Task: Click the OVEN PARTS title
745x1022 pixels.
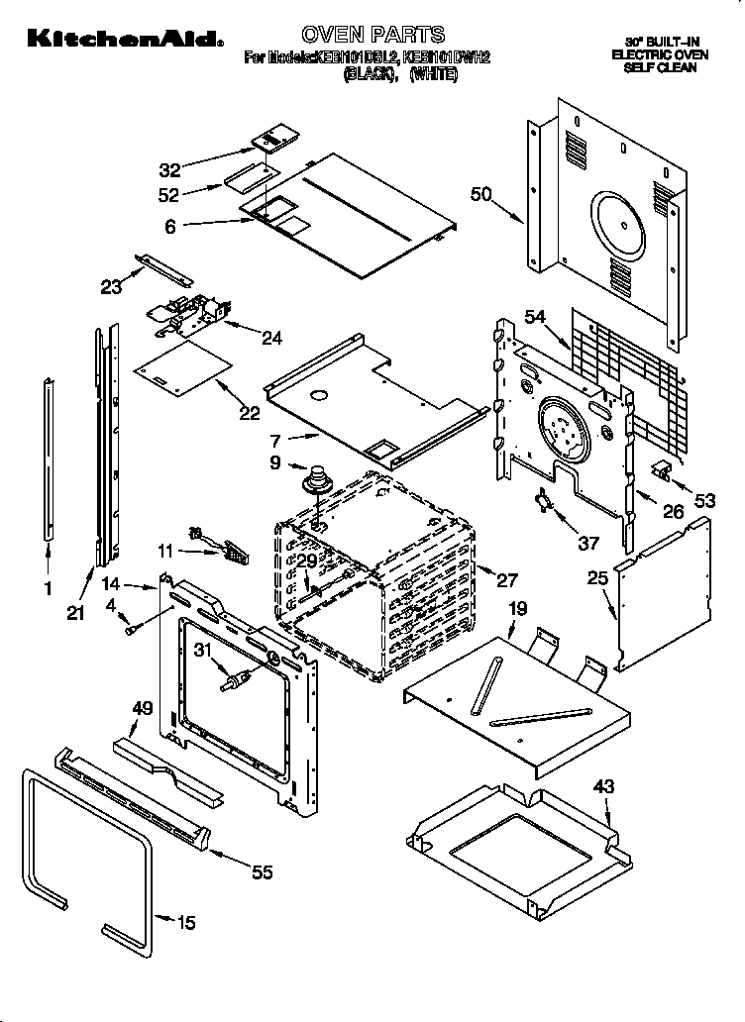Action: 372,36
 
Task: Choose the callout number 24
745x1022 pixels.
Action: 270,338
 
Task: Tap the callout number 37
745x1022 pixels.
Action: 588,543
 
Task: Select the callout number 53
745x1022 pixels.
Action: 703,502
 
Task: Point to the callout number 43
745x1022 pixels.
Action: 603,787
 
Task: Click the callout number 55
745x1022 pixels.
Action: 263,871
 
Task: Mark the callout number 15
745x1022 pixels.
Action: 185,923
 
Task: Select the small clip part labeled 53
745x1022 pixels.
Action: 662,468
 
